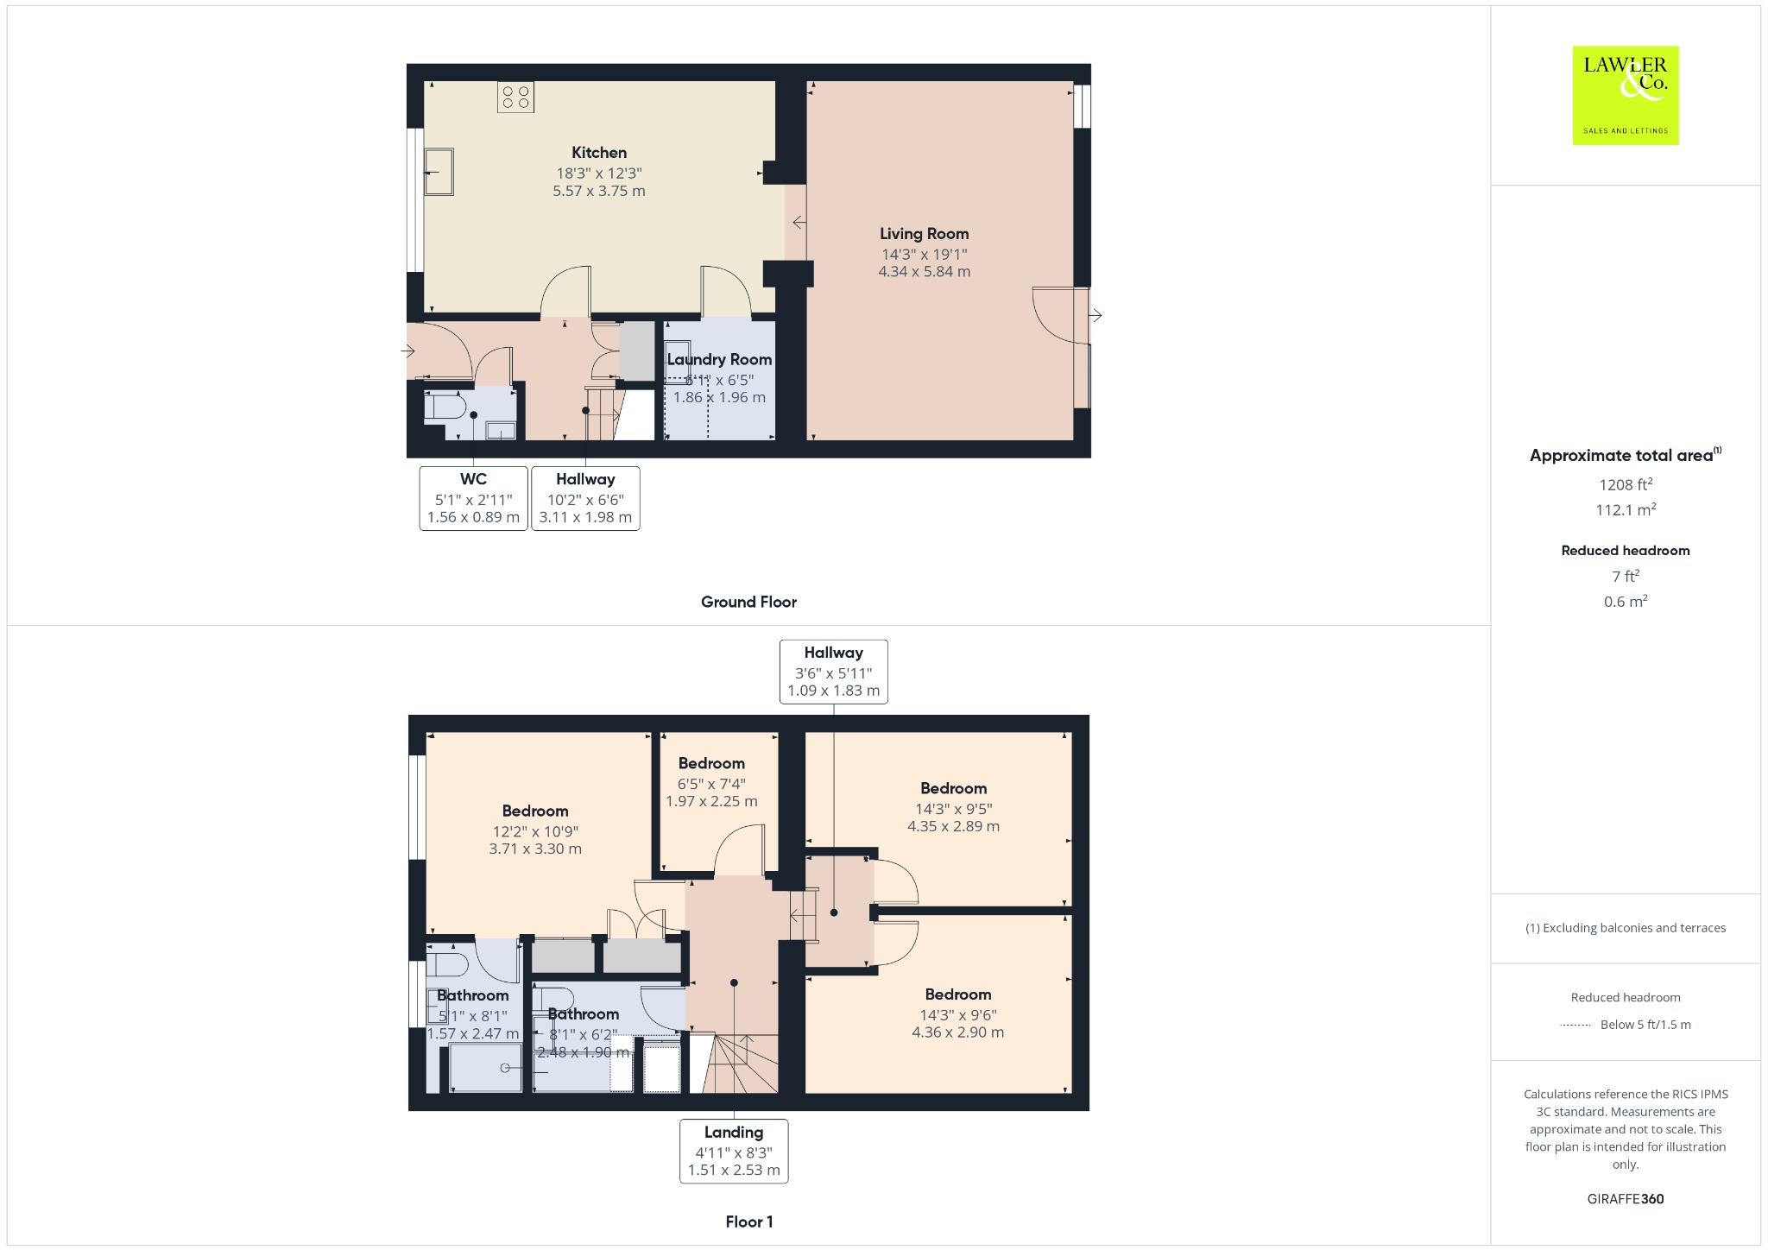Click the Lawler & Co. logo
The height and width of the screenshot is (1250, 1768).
[1625, 95]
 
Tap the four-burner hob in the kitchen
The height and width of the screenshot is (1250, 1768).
[515, 97]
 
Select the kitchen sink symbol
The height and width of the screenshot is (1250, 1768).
[439, 172]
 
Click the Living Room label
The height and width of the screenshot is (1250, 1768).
[924, 234]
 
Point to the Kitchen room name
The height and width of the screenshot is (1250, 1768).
[599, 153]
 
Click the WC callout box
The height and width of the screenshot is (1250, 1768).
[473, 498]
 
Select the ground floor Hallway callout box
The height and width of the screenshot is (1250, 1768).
[585, 498]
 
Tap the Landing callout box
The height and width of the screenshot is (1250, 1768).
[734, 1151]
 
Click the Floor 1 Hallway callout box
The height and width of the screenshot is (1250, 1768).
[833, 672]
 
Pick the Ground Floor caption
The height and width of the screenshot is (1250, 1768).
[748, 603]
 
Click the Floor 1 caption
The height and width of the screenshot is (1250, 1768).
[749, 1222]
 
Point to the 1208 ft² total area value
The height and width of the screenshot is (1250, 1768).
[1626, 484]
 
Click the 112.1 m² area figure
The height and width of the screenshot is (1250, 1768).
[1626, 509]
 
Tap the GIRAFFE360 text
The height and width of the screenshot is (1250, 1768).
[1626, 1199]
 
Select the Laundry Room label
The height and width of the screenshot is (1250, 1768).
[719, 360]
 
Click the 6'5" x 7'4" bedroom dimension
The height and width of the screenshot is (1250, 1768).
[711, 784]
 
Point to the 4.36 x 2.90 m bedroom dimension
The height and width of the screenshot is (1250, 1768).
[958, 1032]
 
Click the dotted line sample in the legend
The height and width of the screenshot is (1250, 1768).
[1575, 1026]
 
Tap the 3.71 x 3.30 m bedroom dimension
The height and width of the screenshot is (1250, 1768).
[535, 849]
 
